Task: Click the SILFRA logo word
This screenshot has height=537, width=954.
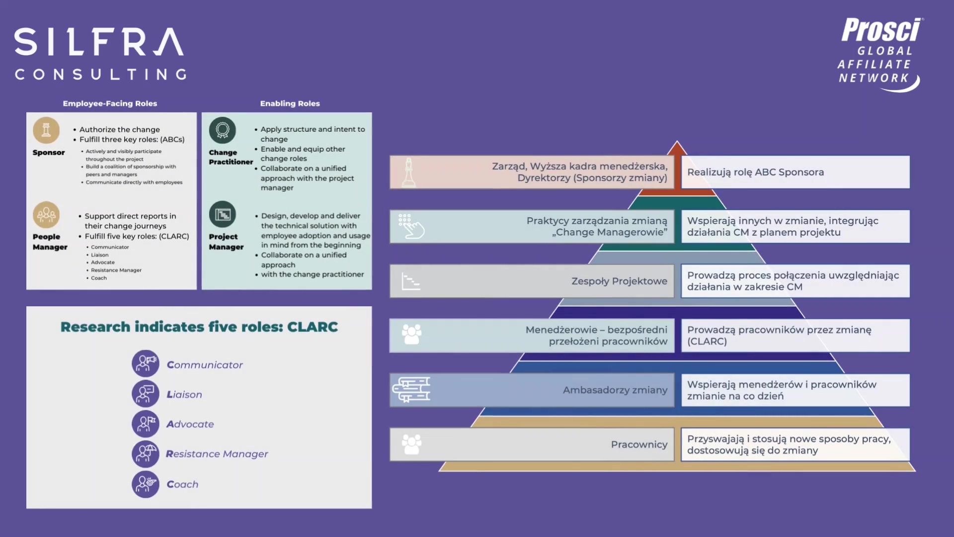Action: click(99, 42)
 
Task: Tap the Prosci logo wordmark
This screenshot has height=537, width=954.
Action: click(881, 31)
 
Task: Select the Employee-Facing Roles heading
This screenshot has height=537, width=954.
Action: click(110, 103)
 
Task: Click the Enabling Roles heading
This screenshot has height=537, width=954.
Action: click(290, 103)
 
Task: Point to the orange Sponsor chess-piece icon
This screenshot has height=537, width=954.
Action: click(46, 130)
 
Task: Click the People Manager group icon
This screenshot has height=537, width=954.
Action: click(46, 215)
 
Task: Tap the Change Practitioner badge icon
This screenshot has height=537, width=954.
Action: click(223, 130)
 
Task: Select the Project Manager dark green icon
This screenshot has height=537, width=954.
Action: click(223, 215)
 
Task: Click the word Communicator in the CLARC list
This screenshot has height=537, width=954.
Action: click(205, 365)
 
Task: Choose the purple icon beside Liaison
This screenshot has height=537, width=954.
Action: click(145, 394)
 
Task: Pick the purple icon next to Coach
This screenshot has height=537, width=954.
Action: click(145, 484)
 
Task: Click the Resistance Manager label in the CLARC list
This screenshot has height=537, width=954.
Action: click(217, 454)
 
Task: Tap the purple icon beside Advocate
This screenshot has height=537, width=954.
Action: click(145, 424)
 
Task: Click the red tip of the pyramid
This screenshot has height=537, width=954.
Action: click(677, 148)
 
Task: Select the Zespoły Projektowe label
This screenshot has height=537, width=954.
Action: click(619, 281)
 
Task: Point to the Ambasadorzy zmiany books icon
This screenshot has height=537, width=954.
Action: click(411, 390)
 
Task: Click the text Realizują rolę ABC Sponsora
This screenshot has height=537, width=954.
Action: click(755, 172)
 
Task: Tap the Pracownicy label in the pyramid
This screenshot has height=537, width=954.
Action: click(639, 445)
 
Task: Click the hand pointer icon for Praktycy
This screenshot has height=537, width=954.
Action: click(411, 227)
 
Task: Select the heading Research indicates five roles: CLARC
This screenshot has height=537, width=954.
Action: click(199, 327)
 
